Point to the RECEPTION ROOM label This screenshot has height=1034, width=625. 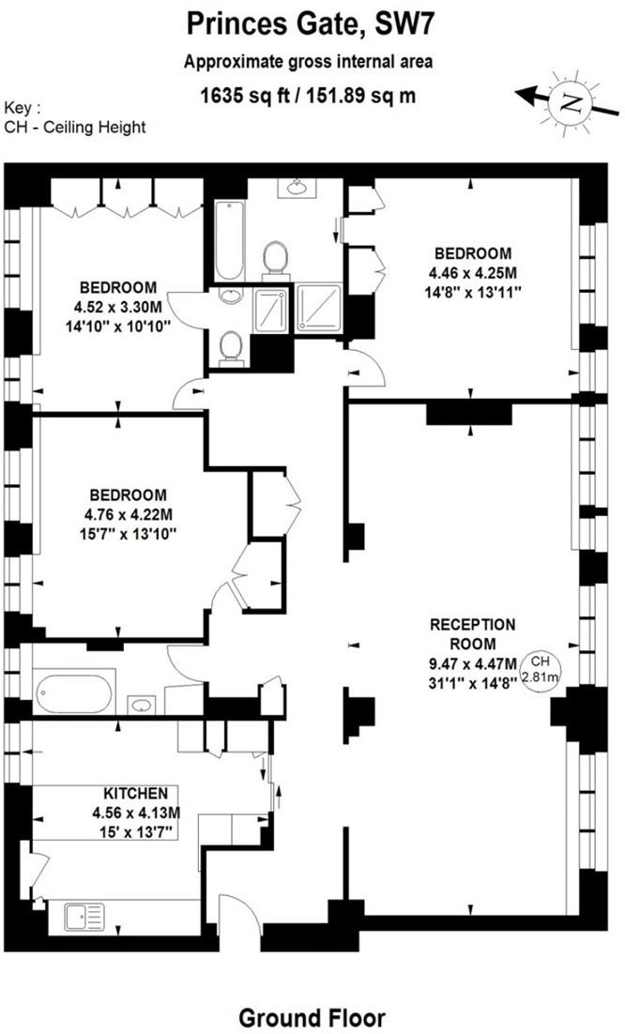tap(473, 632)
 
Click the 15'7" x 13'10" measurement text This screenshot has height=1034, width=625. tap(129, 532)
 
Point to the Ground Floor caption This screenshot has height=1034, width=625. tap(312, 1017)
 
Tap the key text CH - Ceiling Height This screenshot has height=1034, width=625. tap(75, 127)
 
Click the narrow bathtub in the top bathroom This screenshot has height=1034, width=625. tap(228, 240)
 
